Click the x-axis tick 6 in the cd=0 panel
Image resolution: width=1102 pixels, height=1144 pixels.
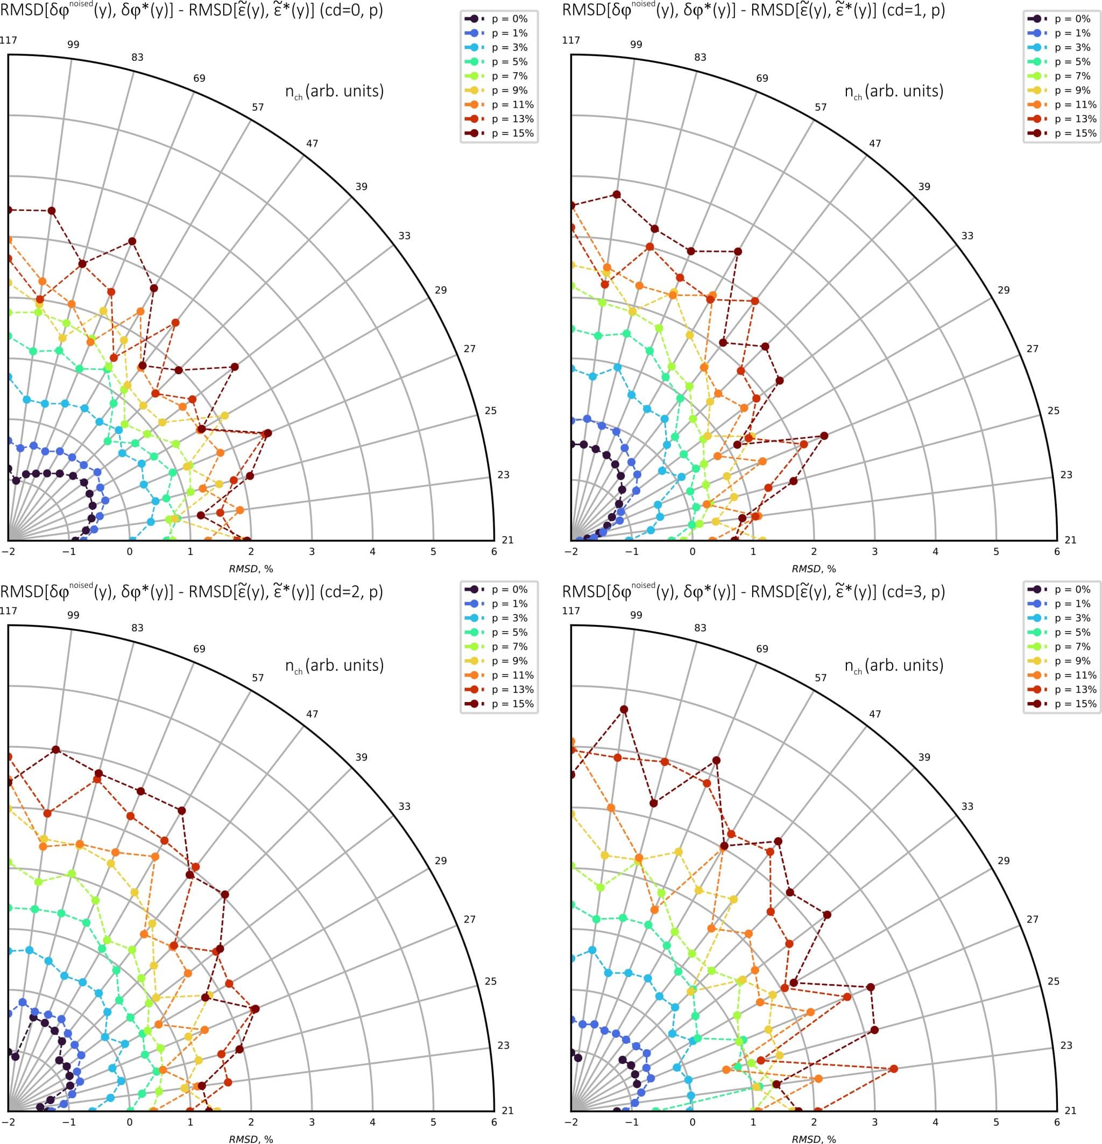[x=494, y=552]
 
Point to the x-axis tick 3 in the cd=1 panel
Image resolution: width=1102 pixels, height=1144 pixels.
[x=874, y=552]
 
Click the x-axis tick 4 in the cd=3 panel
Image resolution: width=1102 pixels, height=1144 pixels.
[x=935, y=1122]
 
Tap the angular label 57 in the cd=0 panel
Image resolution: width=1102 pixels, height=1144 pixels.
[x=258, y=107]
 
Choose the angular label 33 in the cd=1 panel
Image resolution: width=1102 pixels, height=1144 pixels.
[x=967, y=236]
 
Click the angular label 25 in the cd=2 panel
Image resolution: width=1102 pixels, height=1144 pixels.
[x=491, y=981]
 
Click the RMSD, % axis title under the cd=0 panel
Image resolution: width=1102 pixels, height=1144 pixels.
[x=251, y=569]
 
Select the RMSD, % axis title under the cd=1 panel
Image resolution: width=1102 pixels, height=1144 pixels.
[x=814, y=569]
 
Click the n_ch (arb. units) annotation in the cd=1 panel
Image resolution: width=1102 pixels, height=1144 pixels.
[x=894, y=92]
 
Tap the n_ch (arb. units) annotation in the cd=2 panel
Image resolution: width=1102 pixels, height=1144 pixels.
[x=334, y=666]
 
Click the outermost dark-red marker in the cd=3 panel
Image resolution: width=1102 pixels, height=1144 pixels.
[x=624, y=710]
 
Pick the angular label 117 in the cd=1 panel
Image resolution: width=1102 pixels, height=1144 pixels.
[x=571, y=40]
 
